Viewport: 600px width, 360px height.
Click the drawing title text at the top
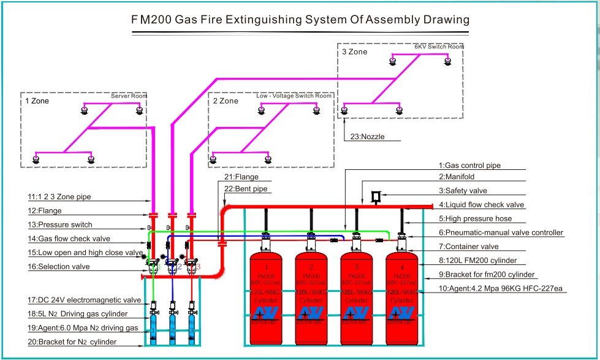click(x=300, y=20)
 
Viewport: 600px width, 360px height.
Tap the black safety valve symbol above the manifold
click(x=376, y=196)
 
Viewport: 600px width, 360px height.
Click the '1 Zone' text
click(x=37, y=101)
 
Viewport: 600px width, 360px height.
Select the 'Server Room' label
click(x=129, y=96)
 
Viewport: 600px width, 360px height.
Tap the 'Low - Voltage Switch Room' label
click(x=294, y=96)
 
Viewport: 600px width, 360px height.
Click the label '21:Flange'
click(x=238, y=177)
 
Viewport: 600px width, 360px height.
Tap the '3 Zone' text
click(x=354, y=52)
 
